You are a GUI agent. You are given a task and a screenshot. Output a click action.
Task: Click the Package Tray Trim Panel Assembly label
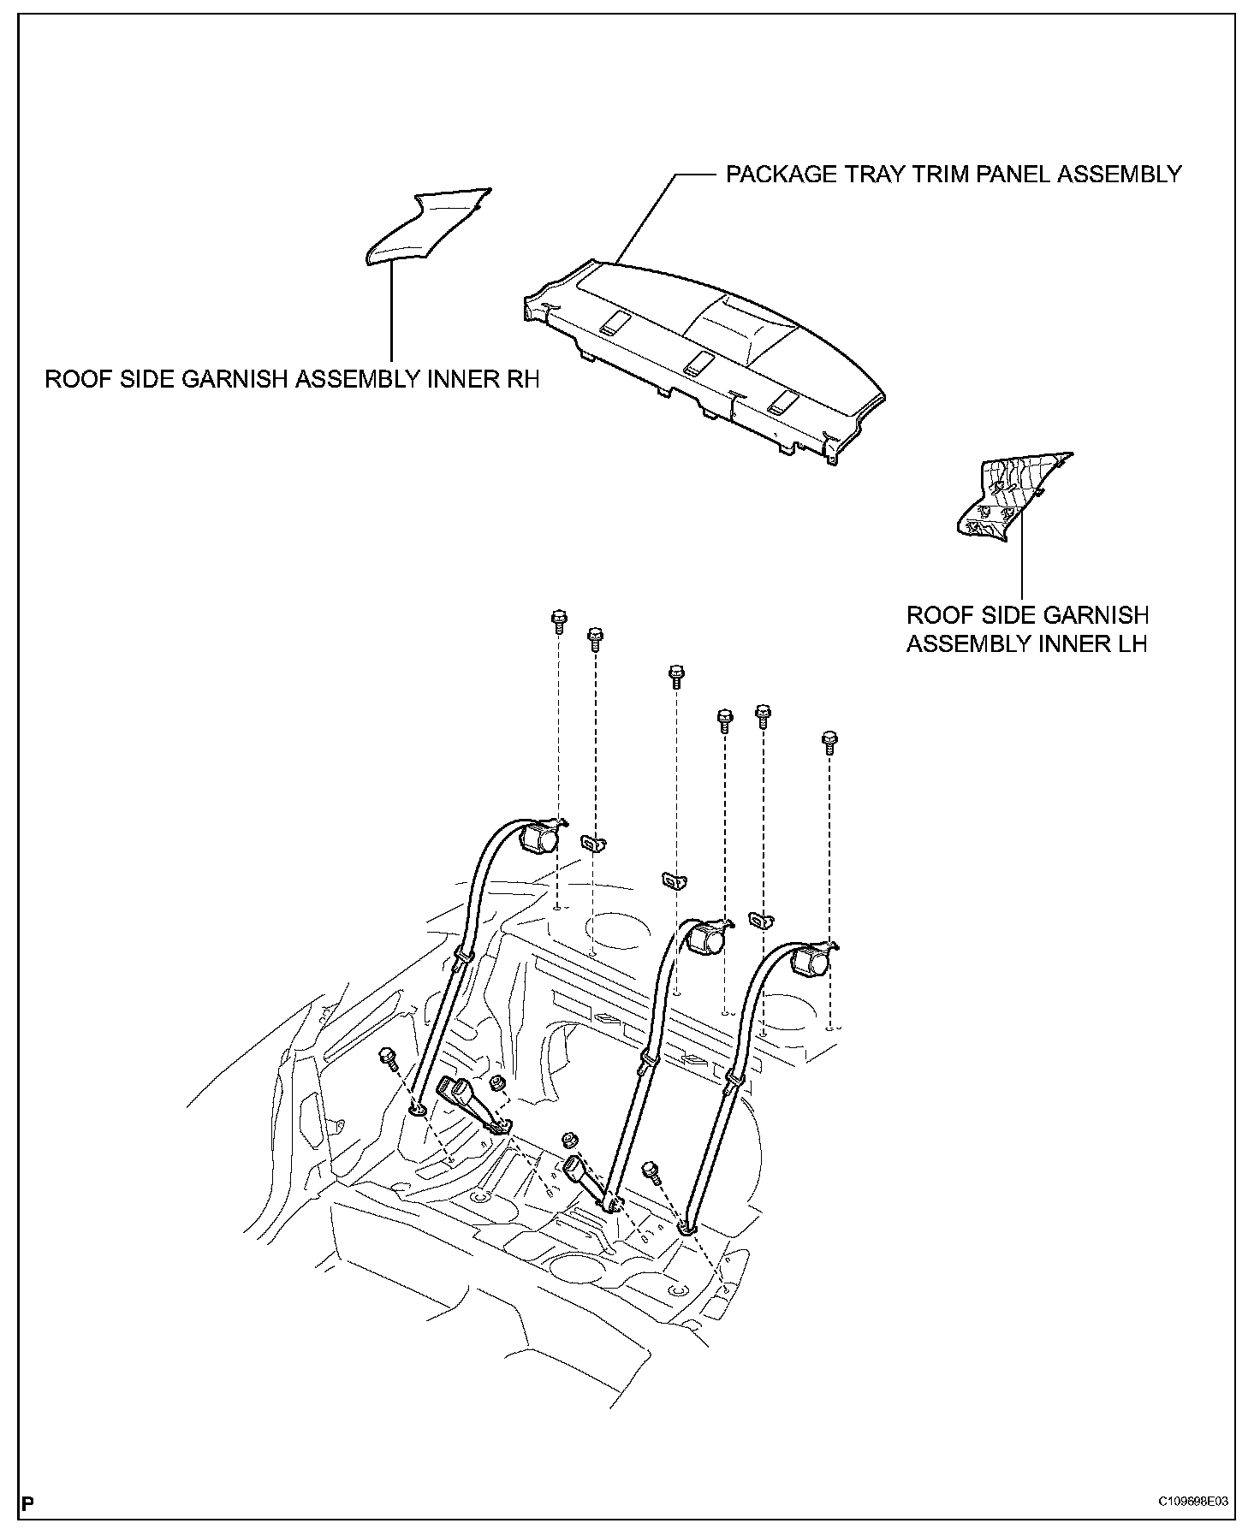[954, 175]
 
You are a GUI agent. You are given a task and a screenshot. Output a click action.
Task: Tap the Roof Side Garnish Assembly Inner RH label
[293, 379]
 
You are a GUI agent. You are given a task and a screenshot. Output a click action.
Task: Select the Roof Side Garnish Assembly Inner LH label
[1027, 629]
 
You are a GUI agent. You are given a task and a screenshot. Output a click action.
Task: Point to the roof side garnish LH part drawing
[1013, 496]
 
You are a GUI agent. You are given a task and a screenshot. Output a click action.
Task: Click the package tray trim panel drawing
[704, 362]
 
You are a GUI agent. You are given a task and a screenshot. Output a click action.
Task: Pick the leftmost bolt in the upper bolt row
[558, 620]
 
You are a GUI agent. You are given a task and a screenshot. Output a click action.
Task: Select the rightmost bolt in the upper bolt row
[829, 743]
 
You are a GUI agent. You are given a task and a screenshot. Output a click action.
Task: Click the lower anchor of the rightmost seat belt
[687, 1230]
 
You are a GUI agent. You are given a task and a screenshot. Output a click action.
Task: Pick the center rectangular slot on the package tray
[698, 362]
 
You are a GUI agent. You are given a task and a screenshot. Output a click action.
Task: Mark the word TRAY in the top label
[880, 175]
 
